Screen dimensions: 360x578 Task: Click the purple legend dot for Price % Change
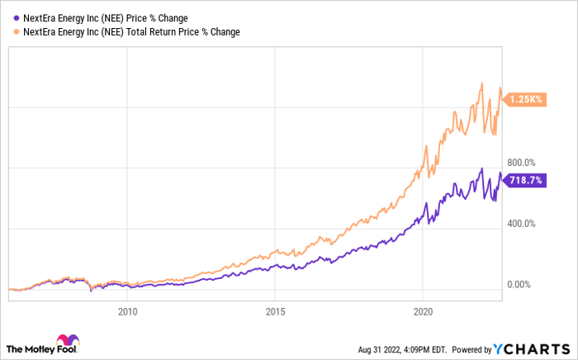point(10,17)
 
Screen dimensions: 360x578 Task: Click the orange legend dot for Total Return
point(10,31)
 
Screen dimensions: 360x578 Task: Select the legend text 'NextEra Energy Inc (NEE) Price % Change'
point(102,17)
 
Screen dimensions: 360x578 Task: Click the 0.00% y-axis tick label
point(519,285)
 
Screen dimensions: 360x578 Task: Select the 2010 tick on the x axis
point(127,311)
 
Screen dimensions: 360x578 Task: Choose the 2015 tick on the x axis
point(275,311)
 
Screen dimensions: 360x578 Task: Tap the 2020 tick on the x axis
point(422,311)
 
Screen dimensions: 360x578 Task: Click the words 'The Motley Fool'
point(30,347)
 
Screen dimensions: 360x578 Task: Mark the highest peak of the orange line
point(481,83)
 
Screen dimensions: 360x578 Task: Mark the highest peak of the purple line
point(481,168)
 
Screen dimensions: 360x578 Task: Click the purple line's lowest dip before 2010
point(91,291)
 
